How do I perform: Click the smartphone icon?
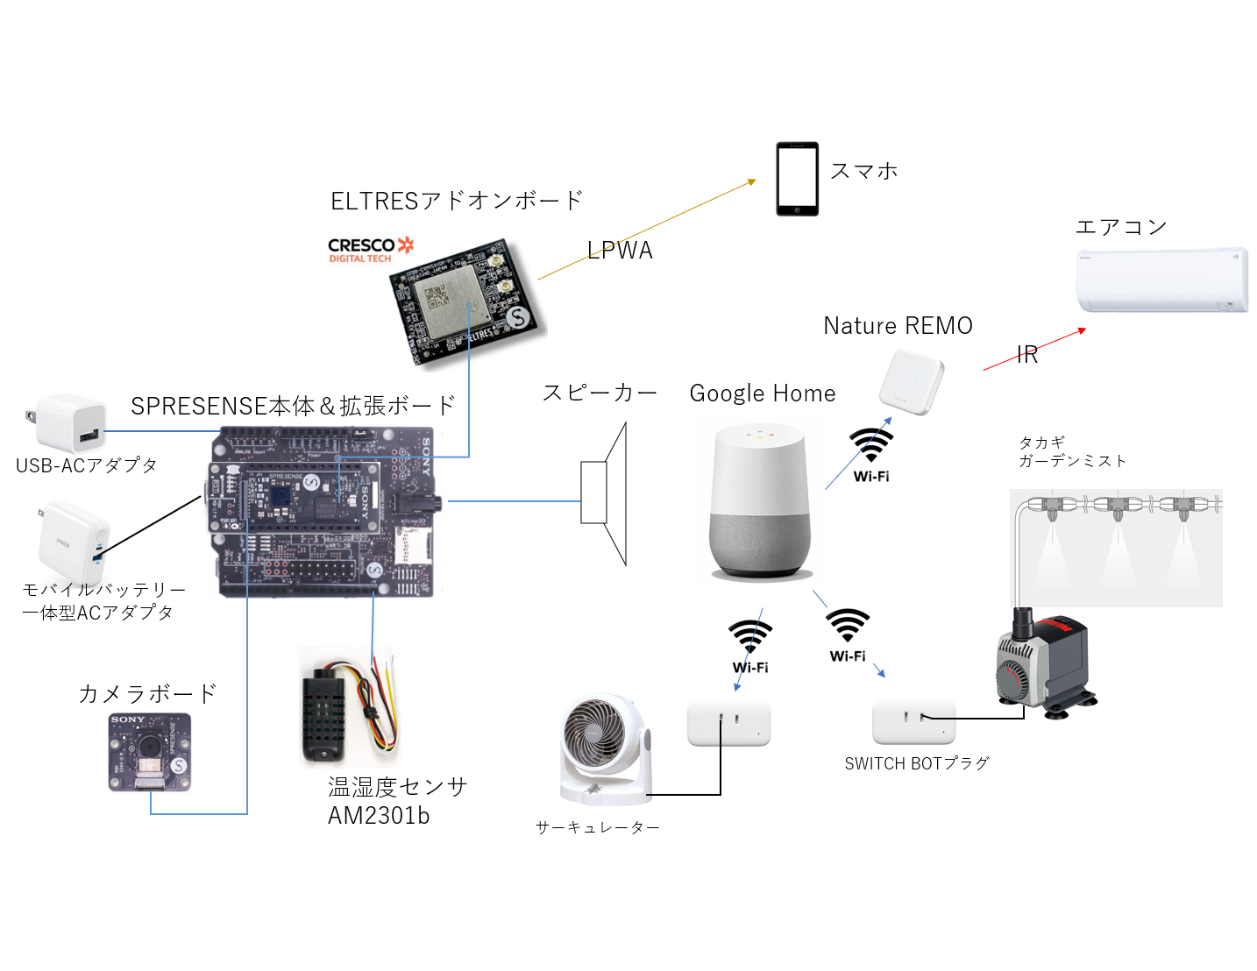click(x=797, y=179)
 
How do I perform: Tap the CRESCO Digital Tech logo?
click(x=370, y=250)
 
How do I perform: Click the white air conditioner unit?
click(x=1161, y=280)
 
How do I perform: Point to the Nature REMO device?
click(x=912, y=381)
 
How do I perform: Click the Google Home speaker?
click(x=759, y=501)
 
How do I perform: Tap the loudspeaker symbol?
click(x=604, y=494)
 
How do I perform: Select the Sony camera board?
click(x=150, y=752)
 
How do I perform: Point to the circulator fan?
click(x=604, y=749)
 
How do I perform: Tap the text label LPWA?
click(x=620, y=251)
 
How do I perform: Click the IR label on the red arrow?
click(x=1027, y=355)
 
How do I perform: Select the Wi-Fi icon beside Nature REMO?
click(x=871, y=451)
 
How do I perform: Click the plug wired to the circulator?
click(x=728, y=724)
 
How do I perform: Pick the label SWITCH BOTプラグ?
click(x=916, y=763)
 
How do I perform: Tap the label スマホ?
click(x=863, y=171)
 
